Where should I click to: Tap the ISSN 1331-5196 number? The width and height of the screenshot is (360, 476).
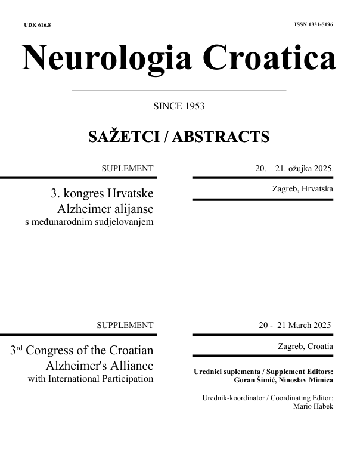(314, 26)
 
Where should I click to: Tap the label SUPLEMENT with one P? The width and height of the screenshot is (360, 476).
(128, 169)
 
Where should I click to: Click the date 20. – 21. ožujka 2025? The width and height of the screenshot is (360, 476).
(294, 169)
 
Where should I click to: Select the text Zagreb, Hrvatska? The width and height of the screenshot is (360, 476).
(302, 189)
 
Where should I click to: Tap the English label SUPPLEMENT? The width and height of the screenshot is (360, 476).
(125, 326)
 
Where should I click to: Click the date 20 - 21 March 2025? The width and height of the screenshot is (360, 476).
(294, 326)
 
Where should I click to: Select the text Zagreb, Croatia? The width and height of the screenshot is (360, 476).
(305, 346)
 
